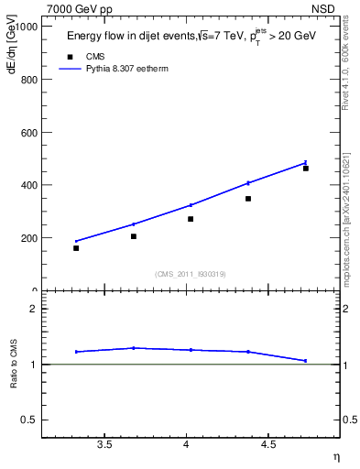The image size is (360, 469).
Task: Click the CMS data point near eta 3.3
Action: (x=76, y=248)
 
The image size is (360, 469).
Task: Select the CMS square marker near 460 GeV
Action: (x=306, y=169)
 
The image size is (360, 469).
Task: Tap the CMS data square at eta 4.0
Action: (x=191, y=219)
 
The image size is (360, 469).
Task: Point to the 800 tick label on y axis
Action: (x=27, y=80)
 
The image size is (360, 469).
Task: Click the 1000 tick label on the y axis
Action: (x=25, y=27)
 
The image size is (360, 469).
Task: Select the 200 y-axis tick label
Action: (x=27, y=238)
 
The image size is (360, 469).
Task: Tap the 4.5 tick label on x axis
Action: (x=268, y=445)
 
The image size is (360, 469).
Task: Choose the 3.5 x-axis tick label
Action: (x=104, y=445)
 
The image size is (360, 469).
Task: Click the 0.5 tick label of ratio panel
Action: (x=28, y=420)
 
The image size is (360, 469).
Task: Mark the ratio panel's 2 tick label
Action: (x=33, y=309)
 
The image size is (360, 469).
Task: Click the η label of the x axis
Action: (x=335, y=455)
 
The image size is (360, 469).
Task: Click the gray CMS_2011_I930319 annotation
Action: (x=190, y=274)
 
